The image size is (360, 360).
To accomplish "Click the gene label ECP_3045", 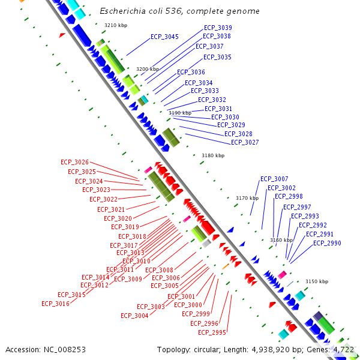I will (x=164, y=37).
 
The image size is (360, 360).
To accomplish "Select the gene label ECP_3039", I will (x=218, y=28).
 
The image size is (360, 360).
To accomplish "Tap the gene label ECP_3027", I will (x=245, y=142).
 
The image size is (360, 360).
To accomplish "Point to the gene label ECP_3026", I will (x=74, y=163).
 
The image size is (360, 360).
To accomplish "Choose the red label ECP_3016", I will (x=55, y=304).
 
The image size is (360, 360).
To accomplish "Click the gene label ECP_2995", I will (x=212, y=332).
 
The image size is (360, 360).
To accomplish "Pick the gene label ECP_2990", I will (x=327, y=243).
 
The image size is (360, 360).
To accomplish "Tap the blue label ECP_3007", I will (x=274, y=179).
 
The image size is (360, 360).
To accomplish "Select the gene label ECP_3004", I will (x=134, y=316).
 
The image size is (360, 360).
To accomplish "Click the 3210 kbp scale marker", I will (x=116, y=25).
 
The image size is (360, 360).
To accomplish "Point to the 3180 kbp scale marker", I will (x=213, y=155).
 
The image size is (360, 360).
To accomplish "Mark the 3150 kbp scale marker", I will (x=317, y=281).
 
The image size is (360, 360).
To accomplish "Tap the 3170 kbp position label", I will (x=247, y=198).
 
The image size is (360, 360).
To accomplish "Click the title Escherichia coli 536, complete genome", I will (x=179, y=11).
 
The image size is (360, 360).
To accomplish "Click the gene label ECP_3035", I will (x=217, y=57).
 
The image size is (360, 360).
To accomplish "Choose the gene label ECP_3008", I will (x=159, y=270).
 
